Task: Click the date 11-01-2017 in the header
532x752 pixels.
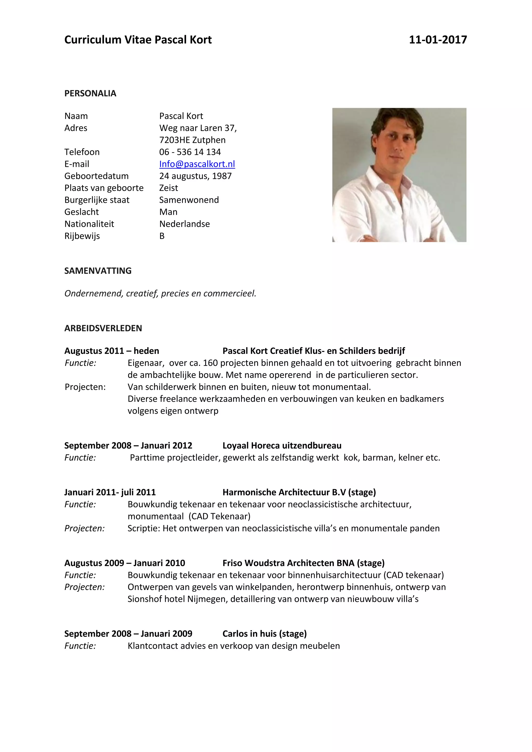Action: (438, 40)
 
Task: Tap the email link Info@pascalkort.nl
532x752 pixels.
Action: (197, 164)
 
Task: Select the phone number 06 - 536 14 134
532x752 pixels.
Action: (190, 152)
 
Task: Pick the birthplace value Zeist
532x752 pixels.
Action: (168, 188)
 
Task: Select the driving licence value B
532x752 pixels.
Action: (162, 236)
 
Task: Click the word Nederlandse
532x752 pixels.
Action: (184, 224)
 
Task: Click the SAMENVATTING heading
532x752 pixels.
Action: (98, 271)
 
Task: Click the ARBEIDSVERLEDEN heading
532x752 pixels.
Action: (103, 328)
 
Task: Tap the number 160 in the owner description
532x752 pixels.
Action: (210, 363)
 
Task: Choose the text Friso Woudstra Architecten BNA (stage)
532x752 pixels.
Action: (303, 563)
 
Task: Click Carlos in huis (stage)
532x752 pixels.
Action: (264, 634)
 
